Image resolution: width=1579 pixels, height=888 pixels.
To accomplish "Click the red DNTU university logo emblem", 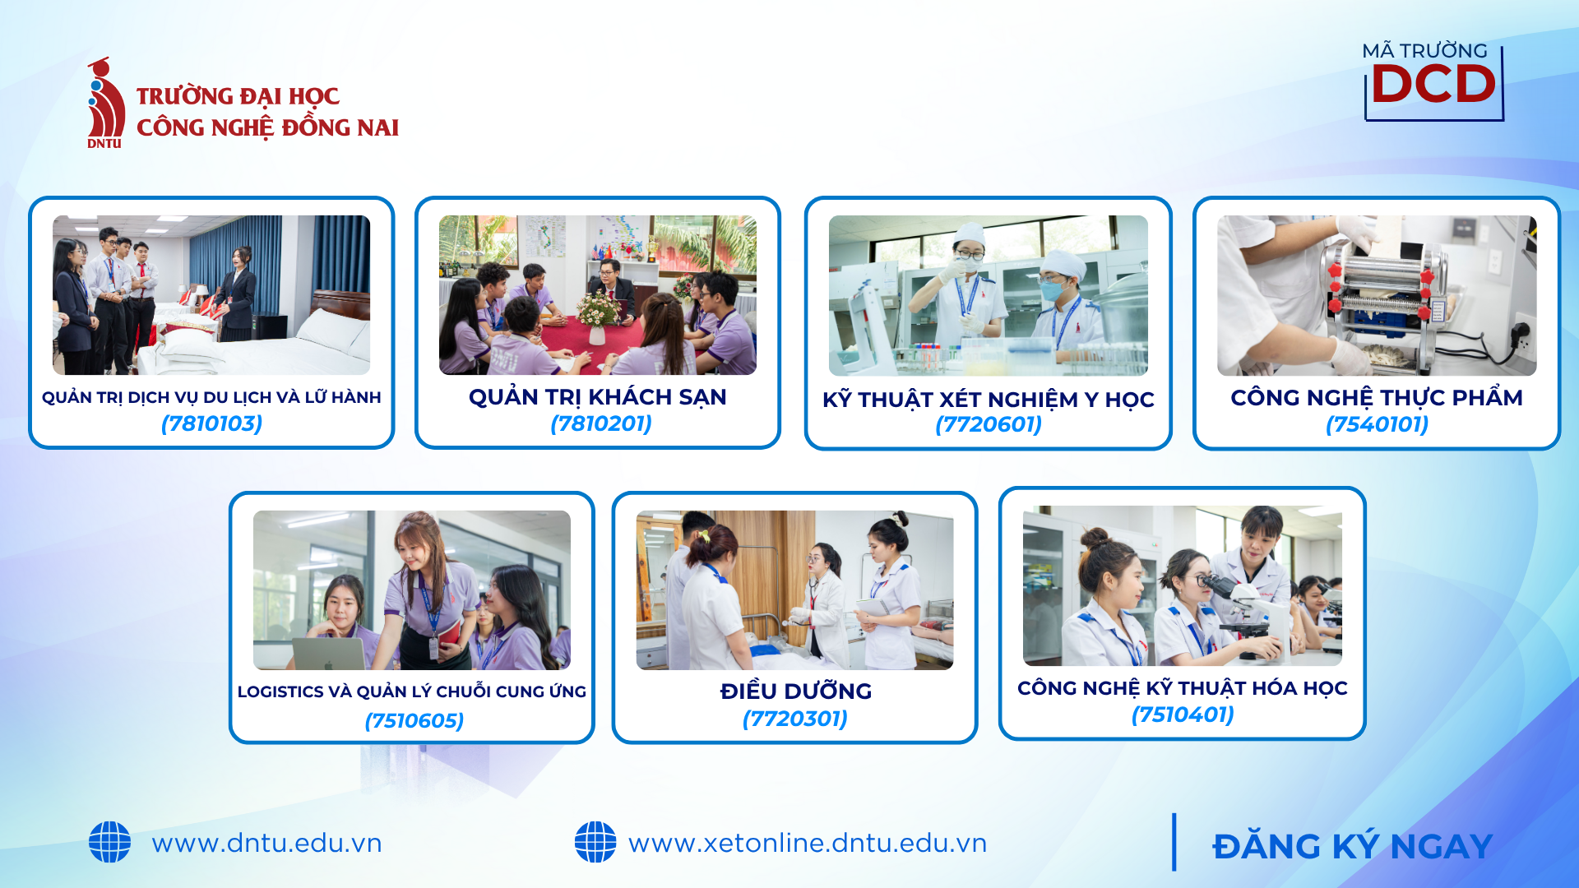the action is (x=106, y=103).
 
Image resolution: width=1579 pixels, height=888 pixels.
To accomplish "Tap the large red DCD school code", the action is (x=1433, y=84).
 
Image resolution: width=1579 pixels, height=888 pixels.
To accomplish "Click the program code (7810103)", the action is (x=212, y=423).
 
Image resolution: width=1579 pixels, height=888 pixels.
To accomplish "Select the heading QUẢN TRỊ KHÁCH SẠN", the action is (x=598, y=397).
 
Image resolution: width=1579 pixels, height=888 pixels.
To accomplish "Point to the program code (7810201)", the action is (x=601, y=423).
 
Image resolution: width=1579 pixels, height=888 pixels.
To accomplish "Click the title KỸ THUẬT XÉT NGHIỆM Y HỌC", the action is (x=989, y=400).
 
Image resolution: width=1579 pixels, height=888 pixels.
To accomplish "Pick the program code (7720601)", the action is (x=989, y=424).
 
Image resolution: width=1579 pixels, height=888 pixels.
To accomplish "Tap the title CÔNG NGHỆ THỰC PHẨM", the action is (x=1377, y=398).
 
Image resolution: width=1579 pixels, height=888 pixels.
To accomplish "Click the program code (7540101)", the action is (x=1377, y=424).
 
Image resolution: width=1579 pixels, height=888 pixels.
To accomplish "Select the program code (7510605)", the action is (x=414, y=720).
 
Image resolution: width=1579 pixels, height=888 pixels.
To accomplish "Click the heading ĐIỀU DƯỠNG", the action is (x=795, y=691).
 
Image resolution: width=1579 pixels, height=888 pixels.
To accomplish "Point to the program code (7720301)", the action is (x=794, y=719).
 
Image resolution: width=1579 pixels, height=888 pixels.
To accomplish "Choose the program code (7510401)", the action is (x=1183, y=715).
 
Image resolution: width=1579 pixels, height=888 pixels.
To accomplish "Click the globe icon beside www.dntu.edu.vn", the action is (x=109, y=842).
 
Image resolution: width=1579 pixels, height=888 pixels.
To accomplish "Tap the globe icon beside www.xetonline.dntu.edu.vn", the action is (x=595, y=842).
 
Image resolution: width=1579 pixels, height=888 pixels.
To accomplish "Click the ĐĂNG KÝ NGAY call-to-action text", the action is (x=1352, y=846).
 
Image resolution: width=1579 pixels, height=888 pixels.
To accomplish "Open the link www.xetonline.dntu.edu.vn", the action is (x=807, y=843).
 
